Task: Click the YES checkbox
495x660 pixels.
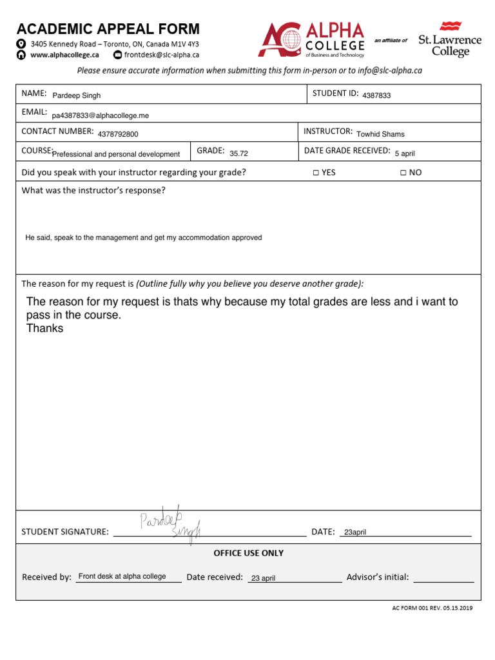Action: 316,173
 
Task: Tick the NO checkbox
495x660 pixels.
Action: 403,173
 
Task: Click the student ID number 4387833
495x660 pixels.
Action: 376,95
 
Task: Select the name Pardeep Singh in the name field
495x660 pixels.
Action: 77,95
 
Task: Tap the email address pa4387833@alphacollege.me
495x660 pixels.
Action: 101,115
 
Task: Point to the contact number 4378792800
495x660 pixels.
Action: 118,135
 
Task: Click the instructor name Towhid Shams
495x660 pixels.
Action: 380,134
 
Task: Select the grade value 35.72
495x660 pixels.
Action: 238,154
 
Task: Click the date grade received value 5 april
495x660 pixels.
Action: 405,153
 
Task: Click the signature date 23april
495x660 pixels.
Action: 354,532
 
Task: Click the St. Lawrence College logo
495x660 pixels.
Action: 450,39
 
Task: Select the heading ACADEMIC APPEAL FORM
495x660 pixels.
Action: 108,29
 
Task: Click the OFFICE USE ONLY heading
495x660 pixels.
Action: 248,553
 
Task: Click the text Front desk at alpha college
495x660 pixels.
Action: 122,576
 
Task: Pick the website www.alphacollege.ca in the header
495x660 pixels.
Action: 64,55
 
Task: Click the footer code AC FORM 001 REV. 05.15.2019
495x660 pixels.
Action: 432,608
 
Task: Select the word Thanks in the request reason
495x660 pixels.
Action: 44,328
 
